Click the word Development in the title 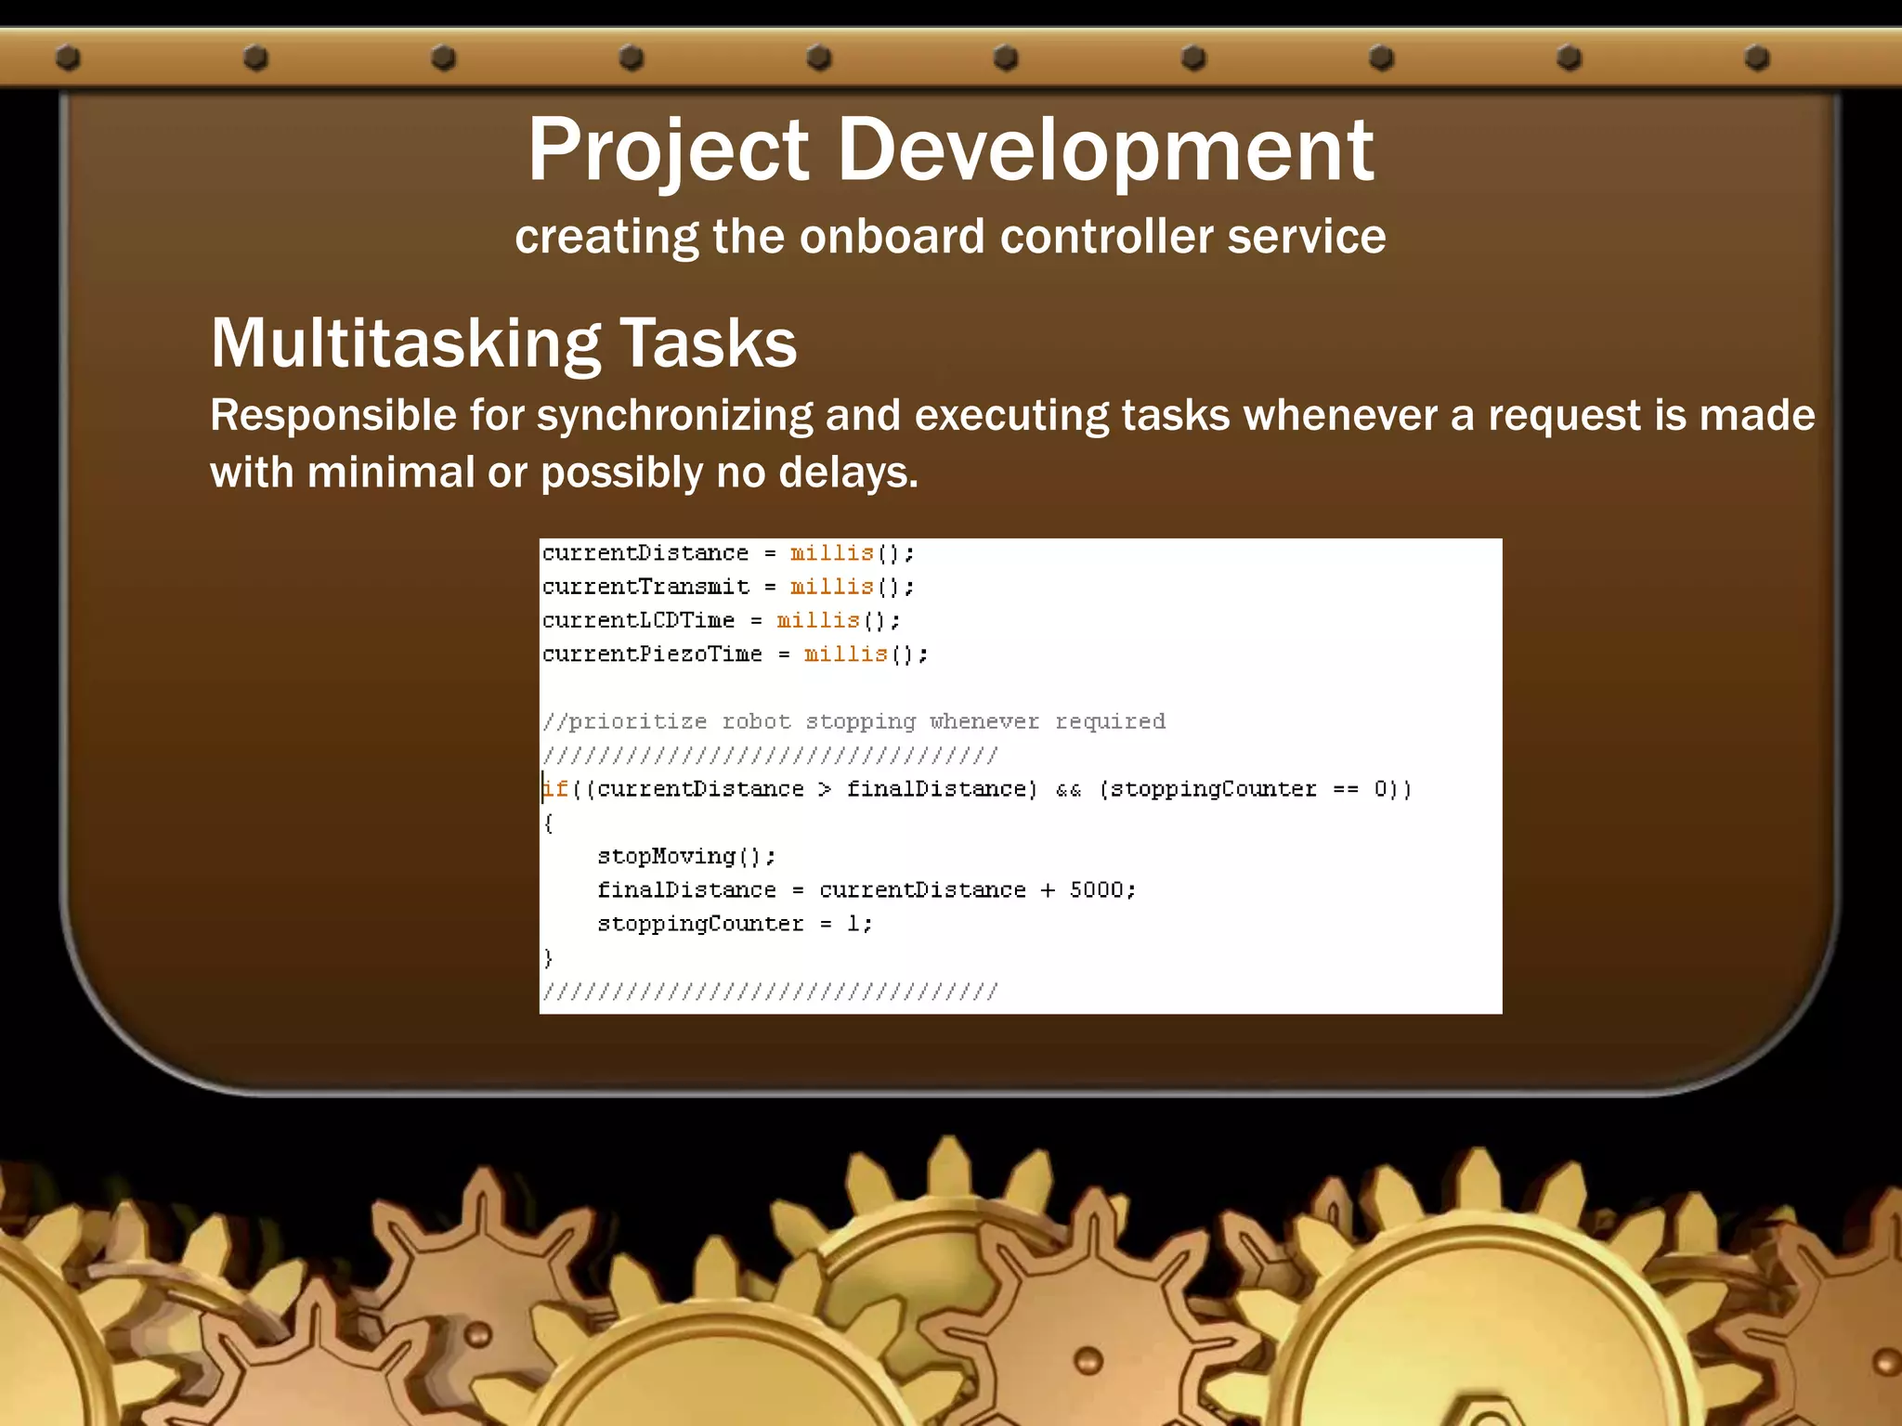[x=1105, y=150]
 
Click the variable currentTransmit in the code [x=645, y=587]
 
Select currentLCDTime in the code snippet [x=638, y=620]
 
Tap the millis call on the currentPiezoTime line [x=845, y=655]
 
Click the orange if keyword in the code [x=555, y=789]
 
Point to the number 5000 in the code [x=1096, y=890]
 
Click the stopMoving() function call [x=685, y=856]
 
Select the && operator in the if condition [x=1069, y=790]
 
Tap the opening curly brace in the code [x=548, y=823]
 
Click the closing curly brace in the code [x=548, y=957]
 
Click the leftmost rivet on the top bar [x=68, y=58]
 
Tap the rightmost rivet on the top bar [x=1756, y=58]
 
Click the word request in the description [x=1563, y=415]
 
